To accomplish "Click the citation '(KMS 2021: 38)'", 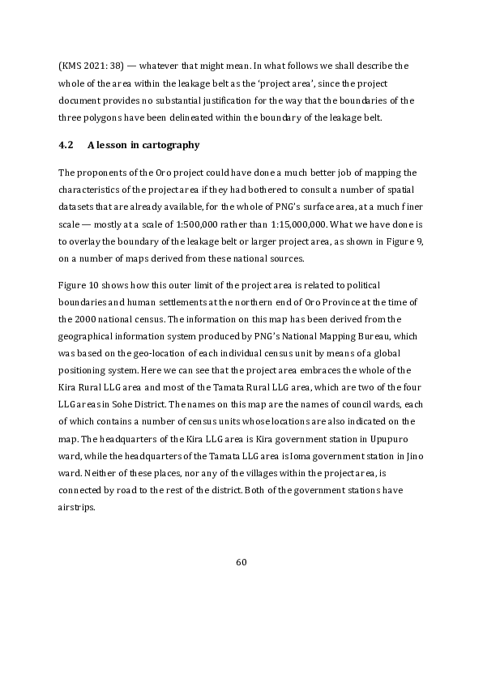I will coord(91,65).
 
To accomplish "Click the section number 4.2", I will coord(66,145).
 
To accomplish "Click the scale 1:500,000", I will coord(220,226).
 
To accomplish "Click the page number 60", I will coord(241,562).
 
